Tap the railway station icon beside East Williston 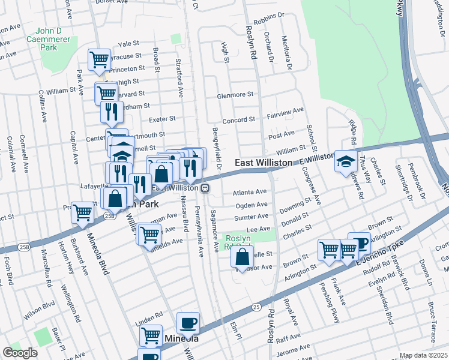pos(205,188)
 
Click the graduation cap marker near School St pos(346,161)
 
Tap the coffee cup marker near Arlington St pos(359,244)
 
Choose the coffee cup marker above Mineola pos(188,323)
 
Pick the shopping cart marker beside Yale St pos(99,59)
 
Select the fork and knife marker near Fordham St pos(111,111)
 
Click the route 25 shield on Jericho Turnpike pos(258,307)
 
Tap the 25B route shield pos(109,215)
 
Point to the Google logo pos(20,353)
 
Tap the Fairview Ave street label pos(285,112)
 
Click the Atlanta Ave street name pos(249,192)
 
